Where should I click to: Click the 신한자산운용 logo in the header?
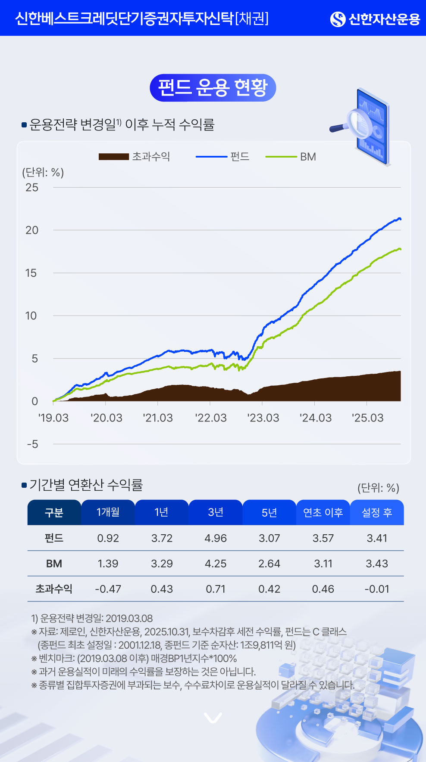[x=375, y=19]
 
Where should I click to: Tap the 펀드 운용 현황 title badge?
[x=213, y=88]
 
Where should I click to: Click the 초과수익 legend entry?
[x=135, y=157]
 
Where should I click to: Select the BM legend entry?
[x=291, y=157]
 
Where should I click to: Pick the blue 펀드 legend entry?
[x=223, y=157]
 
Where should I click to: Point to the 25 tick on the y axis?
[x=32, y=187]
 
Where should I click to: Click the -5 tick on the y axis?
[x=32, y=444]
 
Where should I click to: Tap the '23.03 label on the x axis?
[x=263, y=418]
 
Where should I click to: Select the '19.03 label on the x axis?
[x=53, y=418]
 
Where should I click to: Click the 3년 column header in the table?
[x=216, y=512]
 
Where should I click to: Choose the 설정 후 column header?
[x=377, y=512]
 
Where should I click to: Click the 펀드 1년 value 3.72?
[x=162, y=538]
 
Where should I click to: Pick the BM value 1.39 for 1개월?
[x=108, y=564]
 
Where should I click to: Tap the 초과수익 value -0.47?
[x=108, y=589]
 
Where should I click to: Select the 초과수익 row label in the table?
[x=54, y=589]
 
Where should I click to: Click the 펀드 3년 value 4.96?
[x=216, y=538]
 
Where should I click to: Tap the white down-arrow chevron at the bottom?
[x=213, y=718]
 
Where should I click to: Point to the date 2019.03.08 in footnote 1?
[x=129, y=619]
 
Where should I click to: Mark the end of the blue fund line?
[x=401, y=219]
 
